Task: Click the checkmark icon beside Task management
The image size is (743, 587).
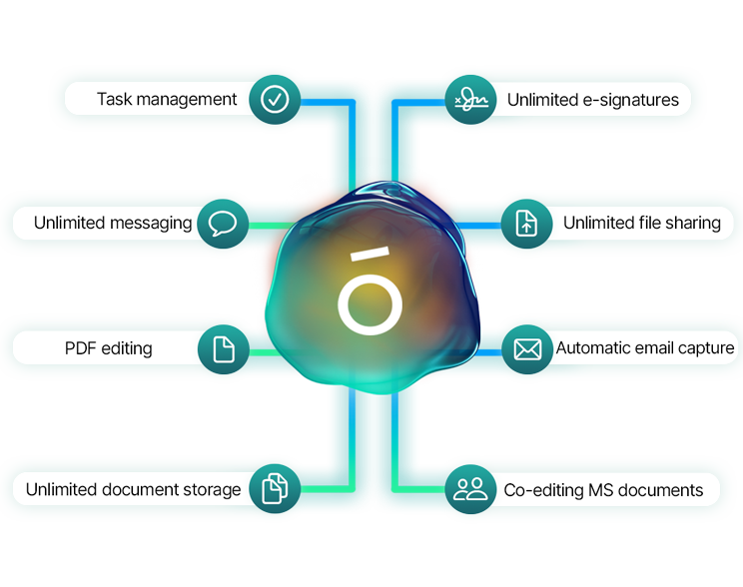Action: [x=275, y=99]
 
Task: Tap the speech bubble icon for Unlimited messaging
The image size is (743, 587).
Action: [x=223, y=223]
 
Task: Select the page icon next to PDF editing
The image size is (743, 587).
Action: [x=223, y=348]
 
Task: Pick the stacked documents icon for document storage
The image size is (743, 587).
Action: [x=275, y=488]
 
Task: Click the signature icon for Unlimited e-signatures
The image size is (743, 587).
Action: [x=470, y=99]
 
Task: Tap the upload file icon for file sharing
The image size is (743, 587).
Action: [x=526, y=223]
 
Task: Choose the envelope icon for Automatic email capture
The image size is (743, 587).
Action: [x=526, y=348]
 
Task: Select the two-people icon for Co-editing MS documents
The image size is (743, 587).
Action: [x=470, y=488]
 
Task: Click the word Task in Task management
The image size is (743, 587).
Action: [x=115, y=99]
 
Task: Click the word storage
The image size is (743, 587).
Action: [x=211, y=489]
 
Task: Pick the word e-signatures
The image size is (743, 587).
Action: [x=630, y=100]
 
